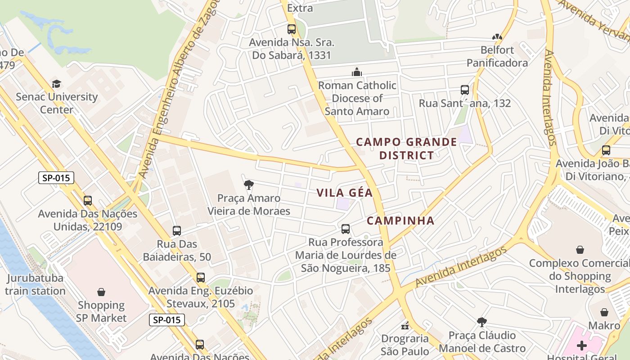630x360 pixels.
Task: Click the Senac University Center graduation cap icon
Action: (x=56, y=84)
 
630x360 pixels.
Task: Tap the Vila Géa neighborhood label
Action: (x=344, y=193)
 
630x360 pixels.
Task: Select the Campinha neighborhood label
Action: (x=400, y=220)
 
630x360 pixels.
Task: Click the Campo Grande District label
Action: (x=406, y=148)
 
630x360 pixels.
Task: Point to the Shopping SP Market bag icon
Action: (x=101, y=292)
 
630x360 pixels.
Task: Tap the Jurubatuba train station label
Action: (x=35, y=284)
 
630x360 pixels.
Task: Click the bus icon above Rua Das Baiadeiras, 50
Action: (x=177, y=231)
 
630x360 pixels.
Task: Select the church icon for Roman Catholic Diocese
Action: (x=357, y=72)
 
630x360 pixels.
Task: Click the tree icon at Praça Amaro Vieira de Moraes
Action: (x=248, y=184)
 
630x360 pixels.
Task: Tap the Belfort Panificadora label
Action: (x=497, y=56)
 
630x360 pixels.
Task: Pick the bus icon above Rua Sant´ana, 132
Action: (x=465, y=90)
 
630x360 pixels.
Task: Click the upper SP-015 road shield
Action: (x=56, y=178)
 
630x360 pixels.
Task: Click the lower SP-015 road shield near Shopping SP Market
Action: (x=167, y=320)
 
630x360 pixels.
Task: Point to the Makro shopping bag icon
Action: (x=604, y=312)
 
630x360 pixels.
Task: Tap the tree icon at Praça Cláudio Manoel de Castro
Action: (x=482, y=322)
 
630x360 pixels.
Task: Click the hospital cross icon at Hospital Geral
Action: (x=582, y=346)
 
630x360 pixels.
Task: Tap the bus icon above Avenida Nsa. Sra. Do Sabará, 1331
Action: (x=292, y=29)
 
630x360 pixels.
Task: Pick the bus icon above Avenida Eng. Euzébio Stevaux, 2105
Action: (x=201, y=278)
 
